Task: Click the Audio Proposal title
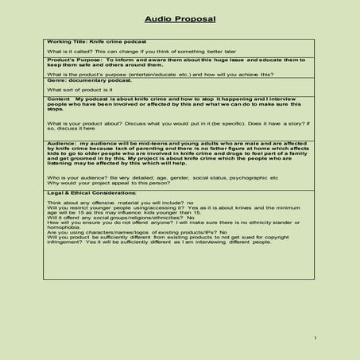coord(180,18)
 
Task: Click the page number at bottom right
coord(315,338)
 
